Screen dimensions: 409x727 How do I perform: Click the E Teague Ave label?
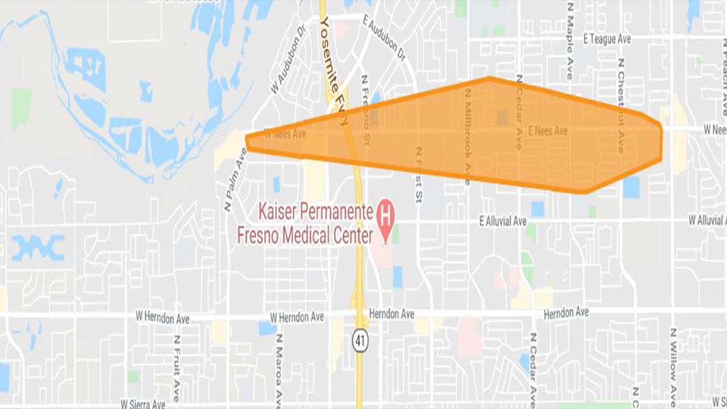tap(607, 39)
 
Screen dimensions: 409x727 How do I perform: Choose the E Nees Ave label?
tap(548, 131)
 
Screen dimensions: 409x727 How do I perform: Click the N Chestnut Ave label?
tap(621, 105)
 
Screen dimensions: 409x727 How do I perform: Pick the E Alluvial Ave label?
tap(503, 222)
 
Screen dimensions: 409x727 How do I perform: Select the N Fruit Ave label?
tap(177, 366)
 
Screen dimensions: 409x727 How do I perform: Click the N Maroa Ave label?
tap(279, 369)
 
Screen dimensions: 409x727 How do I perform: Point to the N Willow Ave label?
tap(672, 364)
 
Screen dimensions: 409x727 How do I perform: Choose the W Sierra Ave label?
tap(143, 404)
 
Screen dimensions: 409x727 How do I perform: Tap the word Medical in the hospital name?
tap(321, 236)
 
